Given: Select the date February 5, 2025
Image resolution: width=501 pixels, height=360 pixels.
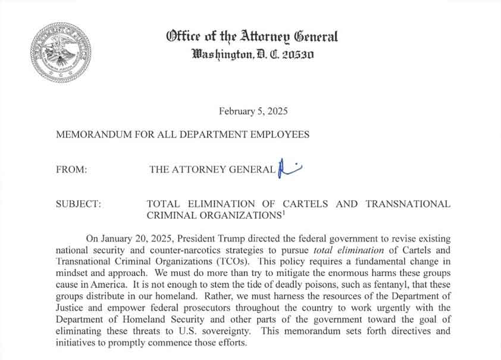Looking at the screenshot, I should [x=253, y=111].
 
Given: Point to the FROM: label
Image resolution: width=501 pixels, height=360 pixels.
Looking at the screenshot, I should [x=71, y=170].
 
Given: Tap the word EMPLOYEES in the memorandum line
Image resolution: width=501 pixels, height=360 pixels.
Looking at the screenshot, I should [x=278, y=134].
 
